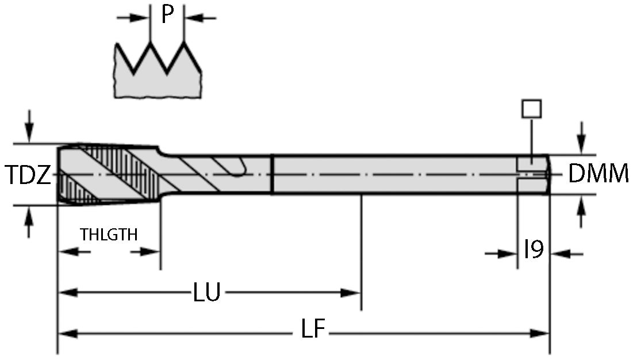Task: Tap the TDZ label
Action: [x=28, y=175]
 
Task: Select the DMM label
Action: [x=598, y=174]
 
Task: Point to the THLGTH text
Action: [x=109, y=235]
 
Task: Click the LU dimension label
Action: [x=206, y=293]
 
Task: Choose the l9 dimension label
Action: [x=534, y=250]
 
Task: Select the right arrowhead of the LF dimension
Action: [x=540, y=332]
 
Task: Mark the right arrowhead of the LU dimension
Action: [x=350, y=293]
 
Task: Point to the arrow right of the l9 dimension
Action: [x=561, y=252]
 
